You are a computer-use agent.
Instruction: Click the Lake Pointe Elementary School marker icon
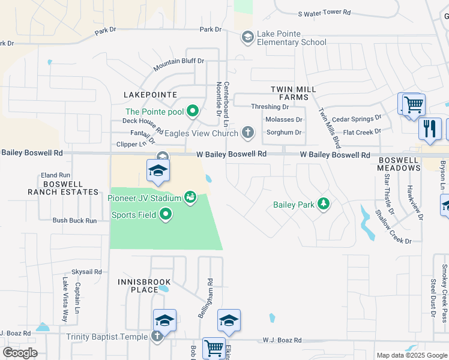[x=247, y=38]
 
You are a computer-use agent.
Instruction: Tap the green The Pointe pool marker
[x=193, y=111]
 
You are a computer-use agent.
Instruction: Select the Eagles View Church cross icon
[x=247, y=132]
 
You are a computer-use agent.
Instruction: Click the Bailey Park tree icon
[x=324, y=205]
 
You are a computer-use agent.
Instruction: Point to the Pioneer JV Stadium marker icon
[x=191, y=197]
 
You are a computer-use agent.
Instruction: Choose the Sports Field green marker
[x=166, y=214]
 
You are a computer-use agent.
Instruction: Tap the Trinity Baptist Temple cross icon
[x=157, y=337]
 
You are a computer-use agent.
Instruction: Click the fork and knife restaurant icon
[x=430, y=128]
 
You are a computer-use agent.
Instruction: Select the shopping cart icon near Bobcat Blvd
[x=214, y=348]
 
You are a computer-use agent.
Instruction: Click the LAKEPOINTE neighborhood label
[x=150, y=95]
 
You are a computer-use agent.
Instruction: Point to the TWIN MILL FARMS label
[x=293, y=94]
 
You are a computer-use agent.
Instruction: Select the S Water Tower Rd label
[x=324, y=13]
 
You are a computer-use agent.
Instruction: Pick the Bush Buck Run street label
[x=74, y=221]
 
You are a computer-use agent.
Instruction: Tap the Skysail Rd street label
[x=87, y=272]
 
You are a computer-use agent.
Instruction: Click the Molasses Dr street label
[x=284, y=119]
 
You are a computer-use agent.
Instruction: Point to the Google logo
[x=20, y=353]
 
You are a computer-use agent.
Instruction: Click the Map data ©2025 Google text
[x=411, y=355]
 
